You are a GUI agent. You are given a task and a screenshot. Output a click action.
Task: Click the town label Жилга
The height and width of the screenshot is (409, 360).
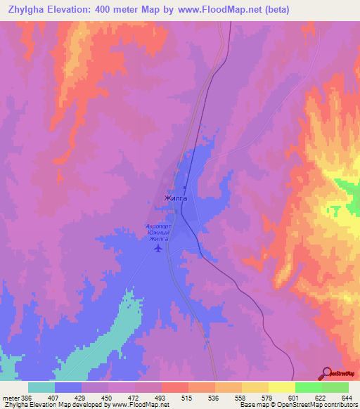tap(175, 198)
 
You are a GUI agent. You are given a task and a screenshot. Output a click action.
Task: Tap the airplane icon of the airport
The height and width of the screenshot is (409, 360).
tap(157, 248)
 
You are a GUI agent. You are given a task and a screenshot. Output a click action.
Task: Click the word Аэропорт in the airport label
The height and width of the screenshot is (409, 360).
tap(157, 226)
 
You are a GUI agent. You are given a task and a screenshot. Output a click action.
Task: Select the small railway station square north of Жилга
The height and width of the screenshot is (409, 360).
tap(185, 188)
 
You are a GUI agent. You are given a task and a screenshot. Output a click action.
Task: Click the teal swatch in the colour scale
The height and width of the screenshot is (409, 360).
tap(41, 387)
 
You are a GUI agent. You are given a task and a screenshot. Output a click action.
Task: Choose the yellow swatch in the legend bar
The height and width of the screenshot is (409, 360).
tap(281, 387)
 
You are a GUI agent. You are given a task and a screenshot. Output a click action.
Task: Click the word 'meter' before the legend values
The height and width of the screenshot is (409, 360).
tap(10, 398)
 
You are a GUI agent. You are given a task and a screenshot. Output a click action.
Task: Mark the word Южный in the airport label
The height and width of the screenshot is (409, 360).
tap(157, 233)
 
